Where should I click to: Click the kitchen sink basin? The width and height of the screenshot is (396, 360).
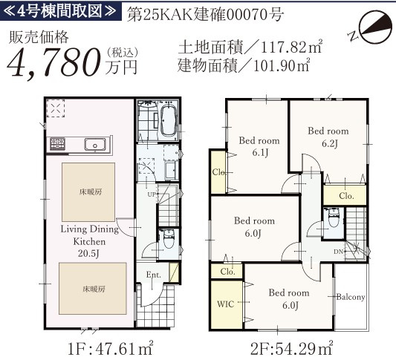94,145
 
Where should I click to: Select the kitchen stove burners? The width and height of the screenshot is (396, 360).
58,143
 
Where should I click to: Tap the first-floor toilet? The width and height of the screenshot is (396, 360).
168,239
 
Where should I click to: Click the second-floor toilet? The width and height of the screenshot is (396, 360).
333,217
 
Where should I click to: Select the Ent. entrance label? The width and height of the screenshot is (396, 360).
154,275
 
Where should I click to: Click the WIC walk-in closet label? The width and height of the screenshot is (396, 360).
226,304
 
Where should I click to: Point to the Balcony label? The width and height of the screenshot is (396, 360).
351,297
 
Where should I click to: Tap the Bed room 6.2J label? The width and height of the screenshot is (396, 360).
328,137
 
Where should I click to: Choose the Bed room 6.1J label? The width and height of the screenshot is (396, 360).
259,146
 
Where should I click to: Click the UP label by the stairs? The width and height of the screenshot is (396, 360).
152,194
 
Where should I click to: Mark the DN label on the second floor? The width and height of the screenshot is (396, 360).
338,252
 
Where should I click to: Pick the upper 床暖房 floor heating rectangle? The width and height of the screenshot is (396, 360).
88,192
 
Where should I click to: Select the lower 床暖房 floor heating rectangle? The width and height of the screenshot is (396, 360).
93,289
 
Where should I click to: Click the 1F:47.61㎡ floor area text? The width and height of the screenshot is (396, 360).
111,349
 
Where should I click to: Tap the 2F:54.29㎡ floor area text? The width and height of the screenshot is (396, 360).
292,348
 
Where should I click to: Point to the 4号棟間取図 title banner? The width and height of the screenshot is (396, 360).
61,11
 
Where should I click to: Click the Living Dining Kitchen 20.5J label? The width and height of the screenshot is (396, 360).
89,241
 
